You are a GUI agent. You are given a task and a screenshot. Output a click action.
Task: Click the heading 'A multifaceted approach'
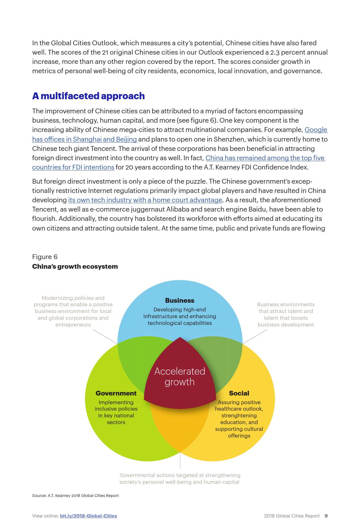(x=88, y=96)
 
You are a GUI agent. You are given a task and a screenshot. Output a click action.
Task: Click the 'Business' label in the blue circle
(x=179, y=300)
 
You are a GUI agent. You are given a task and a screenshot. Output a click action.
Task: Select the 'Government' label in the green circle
(x=116, y=393)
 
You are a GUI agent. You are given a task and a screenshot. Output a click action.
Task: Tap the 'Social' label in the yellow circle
(x=239, y=393)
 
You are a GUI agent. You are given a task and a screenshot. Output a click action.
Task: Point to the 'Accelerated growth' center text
(x=180, y=377)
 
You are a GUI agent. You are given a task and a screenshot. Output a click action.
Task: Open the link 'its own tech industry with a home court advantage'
(x=145, y=200)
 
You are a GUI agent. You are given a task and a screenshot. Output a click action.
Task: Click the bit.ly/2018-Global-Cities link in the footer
(x=88, y=516)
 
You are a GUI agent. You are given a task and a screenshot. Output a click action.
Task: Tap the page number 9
(x=326, y=516)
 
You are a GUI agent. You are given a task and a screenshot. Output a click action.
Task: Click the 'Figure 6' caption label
(x=45, y=257)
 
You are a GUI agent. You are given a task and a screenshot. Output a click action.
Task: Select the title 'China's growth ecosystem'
(x=75, y=266)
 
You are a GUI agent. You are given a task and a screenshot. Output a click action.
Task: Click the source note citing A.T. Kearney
(x=75, y=496)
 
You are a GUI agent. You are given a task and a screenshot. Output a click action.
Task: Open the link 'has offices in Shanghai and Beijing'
(x=84, y=139)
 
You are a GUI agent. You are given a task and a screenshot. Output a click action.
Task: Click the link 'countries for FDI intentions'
(x=73, y=167)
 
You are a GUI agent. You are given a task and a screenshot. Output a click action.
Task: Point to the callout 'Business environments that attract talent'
(x=286, y=314)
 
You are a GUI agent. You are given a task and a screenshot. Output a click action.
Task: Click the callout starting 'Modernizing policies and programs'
(x=73, y=311)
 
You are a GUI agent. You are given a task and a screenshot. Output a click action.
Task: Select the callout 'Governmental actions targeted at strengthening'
(x=180, y=478)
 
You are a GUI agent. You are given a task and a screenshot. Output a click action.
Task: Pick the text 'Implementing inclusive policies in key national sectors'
(x=116, y=412)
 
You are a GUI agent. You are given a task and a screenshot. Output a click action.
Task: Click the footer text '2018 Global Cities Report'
(x=292, y=516)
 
